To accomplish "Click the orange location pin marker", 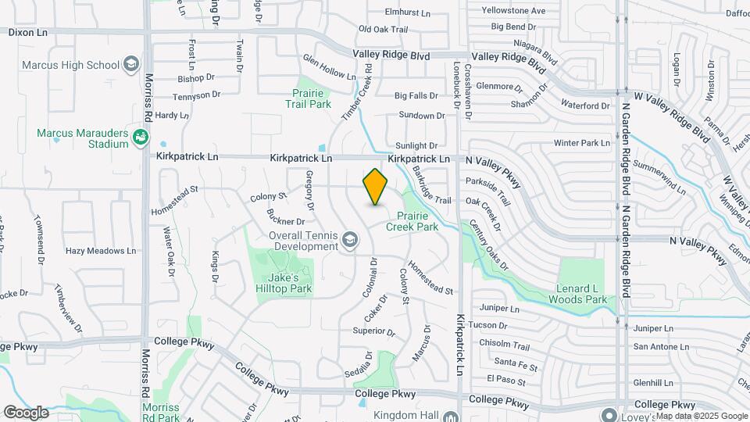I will coord(375,187).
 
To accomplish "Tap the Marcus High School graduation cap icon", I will coord(131,64).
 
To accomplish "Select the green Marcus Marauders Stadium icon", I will coord(141,138).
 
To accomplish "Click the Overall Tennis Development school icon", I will coord(348,241).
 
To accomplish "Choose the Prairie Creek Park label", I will coord(417,221).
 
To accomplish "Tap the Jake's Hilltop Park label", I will coord(290,283).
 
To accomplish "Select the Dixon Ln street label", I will coord(28,32).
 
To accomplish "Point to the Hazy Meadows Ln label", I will coord(101,251).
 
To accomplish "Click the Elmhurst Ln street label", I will coord(408,13).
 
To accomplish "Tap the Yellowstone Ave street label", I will coord(513,11).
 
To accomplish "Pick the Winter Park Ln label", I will coord(581,143).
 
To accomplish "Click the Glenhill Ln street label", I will coord(654,383).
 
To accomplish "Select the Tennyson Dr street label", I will coord(198,95).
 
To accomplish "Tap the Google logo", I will coord(25,413).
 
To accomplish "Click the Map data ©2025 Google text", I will coord(701,416).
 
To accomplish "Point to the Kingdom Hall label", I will coord(403,415).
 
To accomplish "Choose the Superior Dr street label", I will coord(374,331).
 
